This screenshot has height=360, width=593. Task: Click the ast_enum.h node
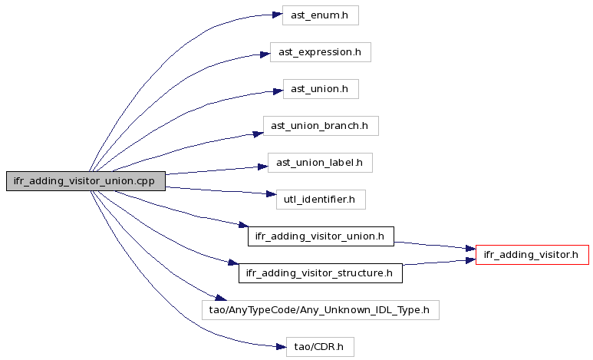coord(321,15)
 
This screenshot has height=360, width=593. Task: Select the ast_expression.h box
coord(321,52)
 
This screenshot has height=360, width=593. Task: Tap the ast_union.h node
coord(321,89)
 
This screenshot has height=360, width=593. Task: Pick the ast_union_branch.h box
coord(321,126)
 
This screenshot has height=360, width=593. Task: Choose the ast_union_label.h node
coord(320,163)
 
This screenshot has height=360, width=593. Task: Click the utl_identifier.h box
coord(321,200)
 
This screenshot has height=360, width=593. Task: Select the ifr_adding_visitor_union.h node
coord(321,236)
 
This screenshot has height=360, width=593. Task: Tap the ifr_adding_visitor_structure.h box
coord(321,273)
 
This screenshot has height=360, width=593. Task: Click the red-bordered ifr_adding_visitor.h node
coord(532,255)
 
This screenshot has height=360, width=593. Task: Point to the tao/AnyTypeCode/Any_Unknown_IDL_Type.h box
coord(321,310)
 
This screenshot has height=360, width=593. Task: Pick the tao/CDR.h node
coord(320,347)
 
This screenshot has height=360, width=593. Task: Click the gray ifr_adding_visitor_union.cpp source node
coord(86,181)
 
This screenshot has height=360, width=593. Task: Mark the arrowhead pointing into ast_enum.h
coord(278,15)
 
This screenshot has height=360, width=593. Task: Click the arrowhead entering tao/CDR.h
coord(282,347)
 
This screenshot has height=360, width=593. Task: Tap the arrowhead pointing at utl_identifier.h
coord(271,194)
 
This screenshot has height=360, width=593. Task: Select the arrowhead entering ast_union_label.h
coord(263,167)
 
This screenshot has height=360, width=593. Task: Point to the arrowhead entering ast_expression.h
coord(265,55)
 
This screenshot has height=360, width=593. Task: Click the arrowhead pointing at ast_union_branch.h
coord(259,134)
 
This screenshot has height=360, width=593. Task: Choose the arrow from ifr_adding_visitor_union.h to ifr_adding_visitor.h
coord(434,246)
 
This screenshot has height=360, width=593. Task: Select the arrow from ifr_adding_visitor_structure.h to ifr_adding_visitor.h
coord(439,263)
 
